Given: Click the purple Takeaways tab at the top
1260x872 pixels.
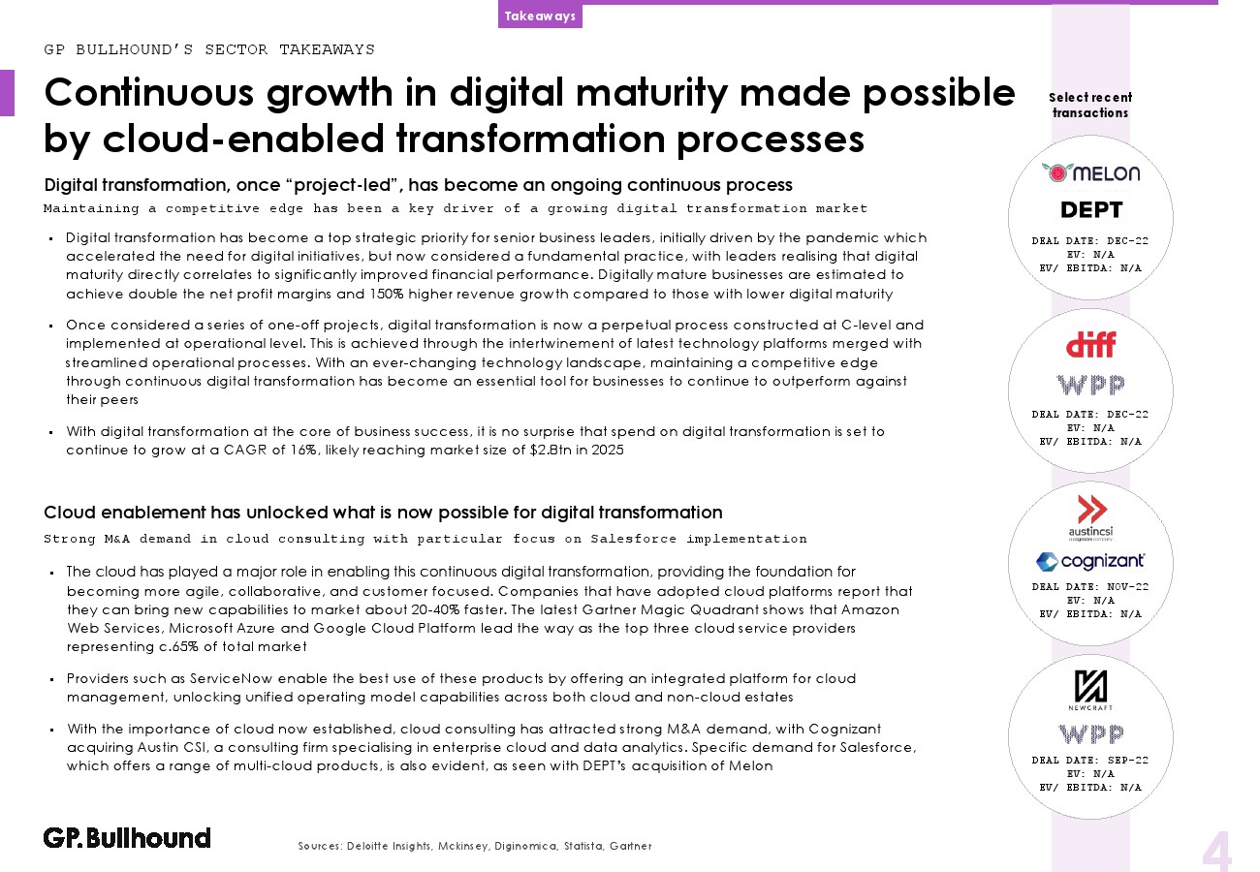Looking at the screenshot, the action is [x=540, y=16].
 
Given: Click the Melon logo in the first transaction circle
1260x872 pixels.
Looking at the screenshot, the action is [x=1090, y=172].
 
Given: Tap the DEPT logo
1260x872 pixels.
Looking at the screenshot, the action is [x=1091, y=209].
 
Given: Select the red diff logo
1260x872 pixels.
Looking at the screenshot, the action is [x=1090, y=345].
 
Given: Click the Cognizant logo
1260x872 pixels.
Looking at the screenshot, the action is [x=1090, y=561].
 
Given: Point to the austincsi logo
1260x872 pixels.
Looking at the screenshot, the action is [x=1091, y=517].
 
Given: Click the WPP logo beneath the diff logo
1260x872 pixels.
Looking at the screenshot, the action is [x=1090, y=385].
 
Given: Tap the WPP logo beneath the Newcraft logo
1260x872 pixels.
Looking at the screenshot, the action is [x=1090, y=733].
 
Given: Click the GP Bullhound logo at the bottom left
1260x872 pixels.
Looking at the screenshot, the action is [x=127, y=838].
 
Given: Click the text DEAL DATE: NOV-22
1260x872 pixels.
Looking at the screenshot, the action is [x=1089, y=586].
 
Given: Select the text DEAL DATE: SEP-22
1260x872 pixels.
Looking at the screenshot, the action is [x=1089, y=761].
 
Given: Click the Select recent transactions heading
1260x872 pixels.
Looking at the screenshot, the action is [x=1090, y=106].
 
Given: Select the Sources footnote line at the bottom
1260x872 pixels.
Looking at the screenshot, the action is [x=475, y=846].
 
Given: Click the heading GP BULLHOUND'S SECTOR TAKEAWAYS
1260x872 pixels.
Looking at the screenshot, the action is [x=209, y=49].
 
